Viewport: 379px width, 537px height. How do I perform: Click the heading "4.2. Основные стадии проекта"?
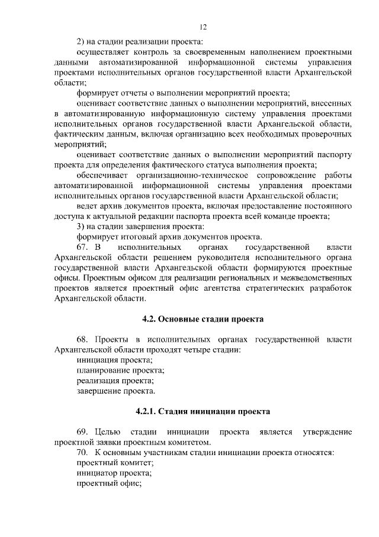point(203,318)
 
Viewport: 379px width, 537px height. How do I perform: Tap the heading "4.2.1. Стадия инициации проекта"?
point(203,411)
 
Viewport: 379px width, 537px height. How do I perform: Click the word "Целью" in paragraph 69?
point(108,431)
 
